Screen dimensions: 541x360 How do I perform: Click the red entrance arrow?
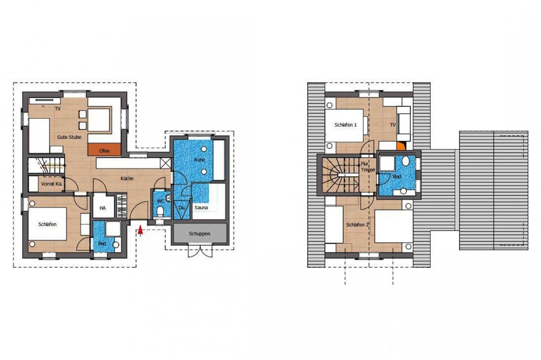point(140,231)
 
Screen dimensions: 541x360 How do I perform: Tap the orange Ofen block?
point(104,150)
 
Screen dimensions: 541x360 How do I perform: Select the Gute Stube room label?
point(69,137)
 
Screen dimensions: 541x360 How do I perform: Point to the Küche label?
point(127,178)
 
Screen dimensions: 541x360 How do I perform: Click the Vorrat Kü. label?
point(51,184)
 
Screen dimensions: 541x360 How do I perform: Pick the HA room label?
point(102,208)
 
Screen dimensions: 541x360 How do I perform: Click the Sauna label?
point(201,208)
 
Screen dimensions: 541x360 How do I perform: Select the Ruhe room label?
point(199,160)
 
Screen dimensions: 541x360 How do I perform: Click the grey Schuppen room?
point(200,234)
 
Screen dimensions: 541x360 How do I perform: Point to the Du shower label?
point(181,208)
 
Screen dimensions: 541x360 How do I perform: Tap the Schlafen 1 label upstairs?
point(345,125)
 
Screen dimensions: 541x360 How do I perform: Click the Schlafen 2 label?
point(358,225)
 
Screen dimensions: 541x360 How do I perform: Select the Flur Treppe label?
point(368,167)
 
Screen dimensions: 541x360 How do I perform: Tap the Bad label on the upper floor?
point(397,177)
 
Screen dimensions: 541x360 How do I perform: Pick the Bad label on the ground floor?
point(102,243)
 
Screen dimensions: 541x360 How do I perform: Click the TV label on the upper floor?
point(393,125)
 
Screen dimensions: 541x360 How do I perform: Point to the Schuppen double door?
point(200,251)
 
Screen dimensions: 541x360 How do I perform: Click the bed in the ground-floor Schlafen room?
point(47,224)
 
